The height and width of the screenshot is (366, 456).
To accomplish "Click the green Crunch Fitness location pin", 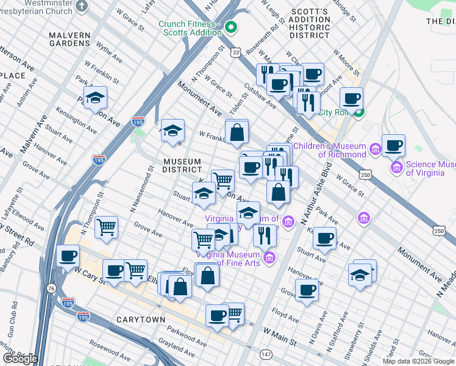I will pos(231,27).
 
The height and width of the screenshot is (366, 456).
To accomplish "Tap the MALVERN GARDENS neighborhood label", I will pos(69,39).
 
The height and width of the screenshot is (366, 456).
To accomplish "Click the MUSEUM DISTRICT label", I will pos(182,165).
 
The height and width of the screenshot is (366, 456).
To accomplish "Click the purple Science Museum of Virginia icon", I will pos(397,167).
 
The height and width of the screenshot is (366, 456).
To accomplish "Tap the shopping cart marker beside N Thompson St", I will pos(107,228).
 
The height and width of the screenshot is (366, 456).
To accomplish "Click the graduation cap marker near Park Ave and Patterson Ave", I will pos(95,98).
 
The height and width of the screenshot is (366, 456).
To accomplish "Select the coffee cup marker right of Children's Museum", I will pos(394,146).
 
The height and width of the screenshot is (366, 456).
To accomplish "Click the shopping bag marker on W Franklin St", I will pos(236,131).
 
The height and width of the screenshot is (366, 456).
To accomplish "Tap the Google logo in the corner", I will pos(20,358).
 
